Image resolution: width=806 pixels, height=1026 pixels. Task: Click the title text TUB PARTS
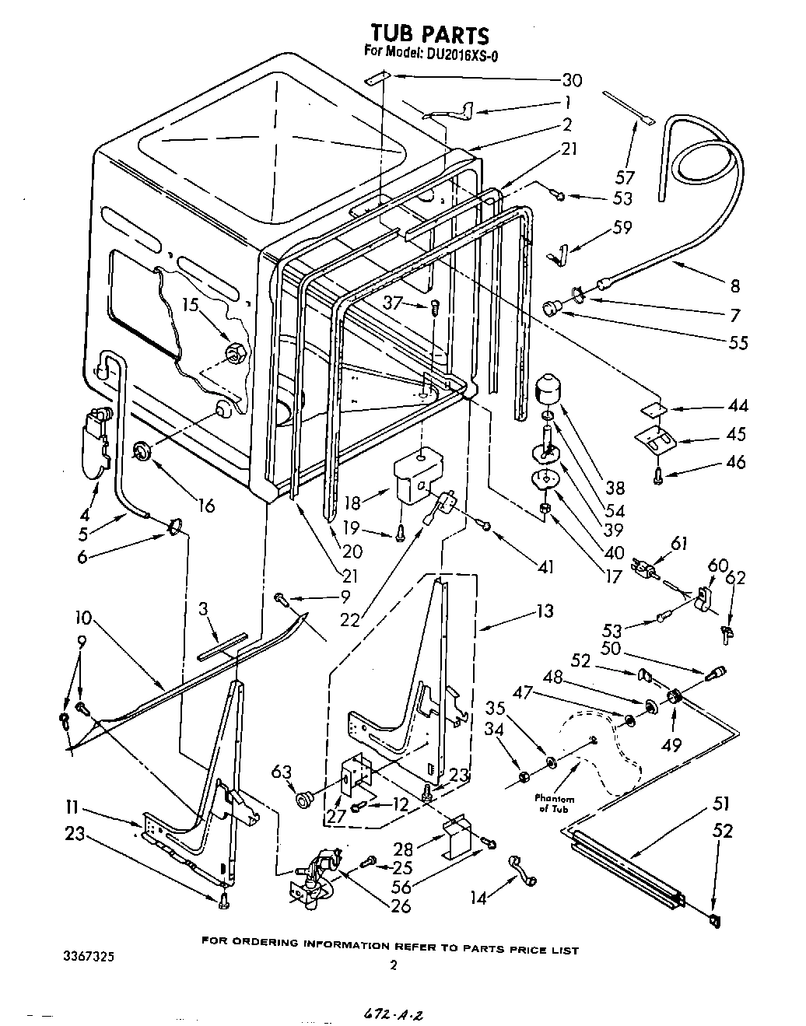tap(429, 35)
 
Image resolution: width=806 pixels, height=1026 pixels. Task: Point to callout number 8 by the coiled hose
tap(734, 285)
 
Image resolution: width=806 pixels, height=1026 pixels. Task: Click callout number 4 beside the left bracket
tap(86, 514)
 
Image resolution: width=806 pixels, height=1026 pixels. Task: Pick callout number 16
tap(205, 506)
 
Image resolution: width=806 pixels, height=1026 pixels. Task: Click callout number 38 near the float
tap(615, 488)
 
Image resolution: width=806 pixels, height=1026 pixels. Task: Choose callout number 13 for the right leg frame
tap(545, 611)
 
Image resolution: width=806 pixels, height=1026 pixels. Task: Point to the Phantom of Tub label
tap(555, 804)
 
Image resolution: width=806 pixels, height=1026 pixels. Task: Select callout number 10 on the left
tap(83, 618)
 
